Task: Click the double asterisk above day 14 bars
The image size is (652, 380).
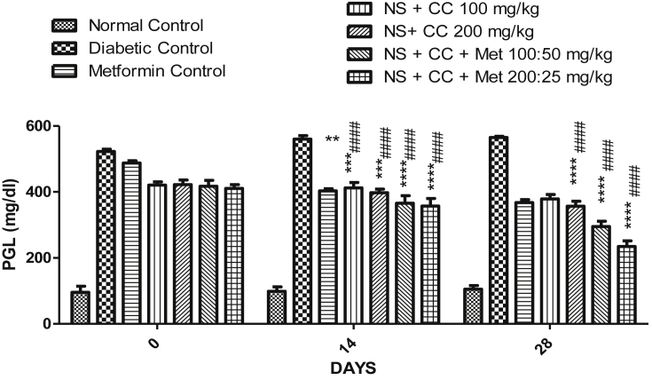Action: click(333, 139)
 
